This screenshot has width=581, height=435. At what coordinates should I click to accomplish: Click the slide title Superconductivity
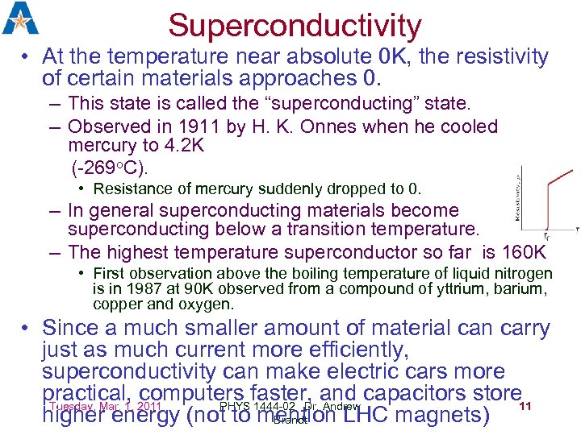click(295, 26)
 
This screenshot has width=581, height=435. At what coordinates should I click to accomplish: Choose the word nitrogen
click(522, 274)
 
